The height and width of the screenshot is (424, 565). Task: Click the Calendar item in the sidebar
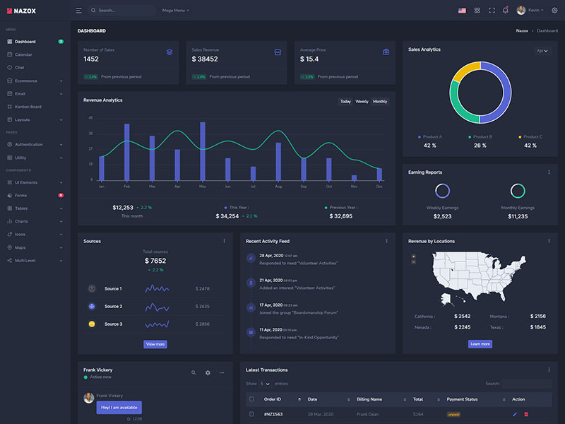click(23, 54)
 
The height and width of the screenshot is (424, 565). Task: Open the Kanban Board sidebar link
click(28, 107)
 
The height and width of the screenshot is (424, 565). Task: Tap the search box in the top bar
click(124, 11)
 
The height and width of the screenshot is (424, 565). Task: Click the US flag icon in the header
click(462, 11)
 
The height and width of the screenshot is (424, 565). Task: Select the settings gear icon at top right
click(554, 11)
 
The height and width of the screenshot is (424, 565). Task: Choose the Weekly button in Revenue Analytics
click(362, 102)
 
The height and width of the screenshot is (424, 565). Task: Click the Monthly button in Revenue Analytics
click(380, 102)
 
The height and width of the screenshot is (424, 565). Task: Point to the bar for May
click(203, 151)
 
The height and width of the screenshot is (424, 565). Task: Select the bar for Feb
click(127, 152)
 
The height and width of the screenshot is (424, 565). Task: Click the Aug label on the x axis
click(278, 187)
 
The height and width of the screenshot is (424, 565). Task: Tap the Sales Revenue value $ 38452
click(205, 59)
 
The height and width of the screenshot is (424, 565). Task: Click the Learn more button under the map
click(480, 344)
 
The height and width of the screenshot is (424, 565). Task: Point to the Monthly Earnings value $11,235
click(518, 216)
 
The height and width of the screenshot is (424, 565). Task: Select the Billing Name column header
click(369, 399)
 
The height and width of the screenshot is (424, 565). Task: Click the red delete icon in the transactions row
click(526, 414)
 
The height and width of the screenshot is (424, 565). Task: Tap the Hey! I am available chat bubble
click(119, 407)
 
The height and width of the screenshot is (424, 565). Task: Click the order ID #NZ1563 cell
click(273, 414)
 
